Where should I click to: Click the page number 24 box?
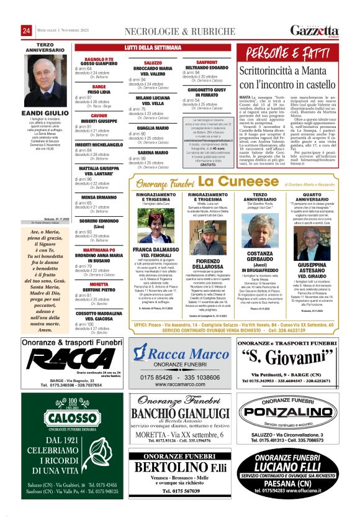click(27, 30)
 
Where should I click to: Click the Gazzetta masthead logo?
click(315, 30)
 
